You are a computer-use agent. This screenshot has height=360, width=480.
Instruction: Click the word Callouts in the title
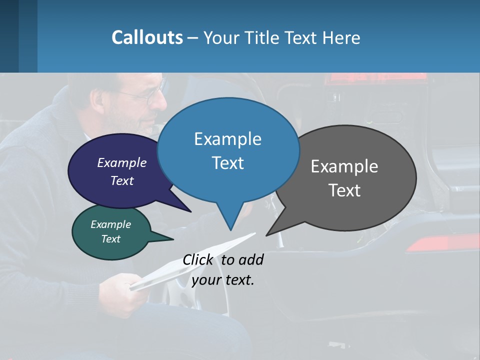(x=147, y=37)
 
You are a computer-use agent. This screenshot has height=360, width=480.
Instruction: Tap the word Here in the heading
(x=339, y=37)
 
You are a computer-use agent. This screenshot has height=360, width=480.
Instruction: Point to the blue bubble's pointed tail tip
(x=230, y=230)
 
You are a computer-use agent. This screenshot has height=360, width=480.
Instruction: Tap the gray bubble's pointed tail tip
(x=266, y=235)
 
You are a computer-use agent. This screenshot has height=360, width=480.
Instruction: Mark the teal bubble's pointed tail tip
(x=173, y=239)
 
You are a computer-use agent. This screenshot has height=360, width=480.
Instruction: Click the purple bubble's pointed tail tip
(x=191, y=211)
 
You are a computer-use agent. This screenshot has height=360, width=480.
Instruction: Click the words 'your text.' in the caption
(x=223, y=280)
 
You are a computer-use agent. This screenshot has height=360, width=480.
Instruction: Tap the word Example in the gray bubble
(x=344, y=166)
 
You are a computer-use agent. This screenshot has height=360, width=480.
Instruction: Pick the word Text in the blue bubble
(x=228, y=163)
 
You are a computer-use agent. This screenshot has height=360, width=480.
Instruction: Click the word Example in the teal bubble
(x=110, y=224)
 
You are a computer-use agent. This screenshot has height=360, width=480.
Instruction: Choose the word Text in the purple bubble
(x=122, y=180)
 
